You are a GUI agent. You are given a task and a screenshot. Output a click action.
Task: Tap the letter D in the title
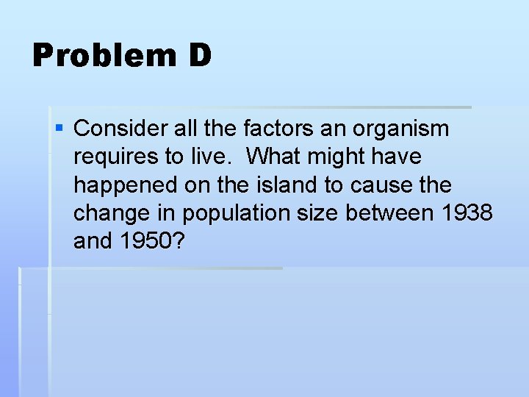[198, 56]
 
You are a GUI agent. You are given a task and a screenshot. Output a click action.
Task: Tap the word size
[317, 212]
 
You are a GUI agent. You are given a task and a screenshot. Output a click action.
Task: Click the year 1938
[467, 212]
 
